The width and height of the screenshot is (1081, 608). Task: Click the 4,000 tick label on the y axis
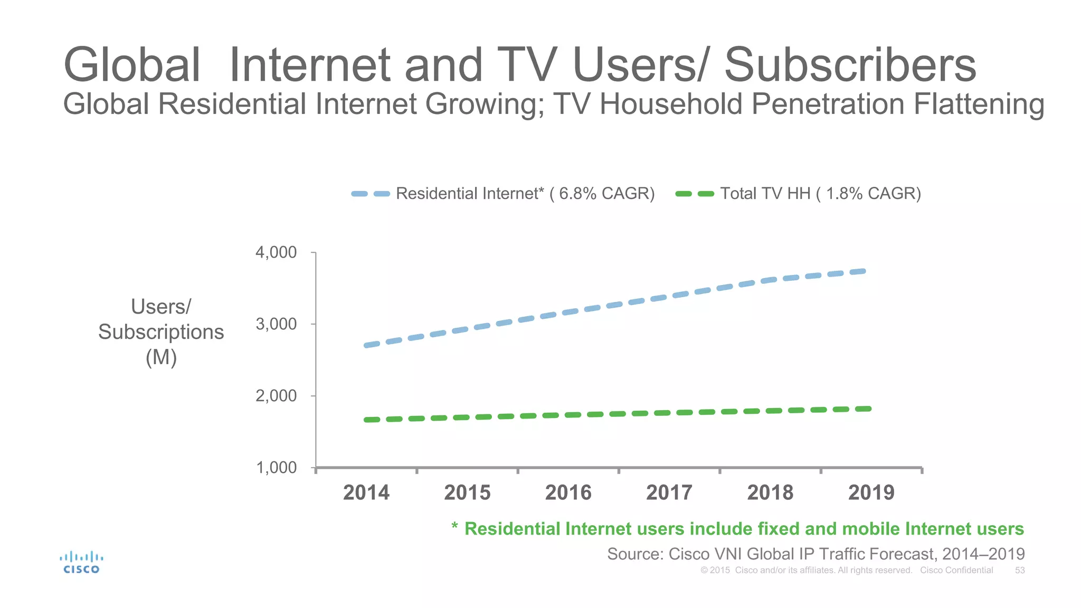click(x=276, y=252)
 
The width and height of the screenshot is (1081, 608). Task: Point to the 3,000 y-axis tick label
click(x=276, y=324)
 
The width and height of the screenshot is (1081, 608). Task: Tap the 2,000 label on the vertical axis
click(x=276, y=396)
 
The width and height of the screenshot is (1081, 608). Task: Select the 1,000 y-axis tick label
click(x=276, y=468)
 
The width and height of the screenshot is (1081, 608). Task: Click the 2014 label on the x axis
click(x=366, y=492)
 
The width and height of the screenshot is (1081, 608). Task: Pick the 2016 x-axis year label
click(x=568, y=492)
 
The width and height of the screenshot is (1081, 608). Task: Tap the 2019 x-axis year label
click(x=871, y=492)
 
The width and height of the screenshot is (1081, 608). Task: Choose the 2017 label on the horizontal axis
click(x=669, y=492)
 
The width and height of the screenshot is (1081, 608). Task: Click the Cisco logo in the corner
click(x=81, y=563)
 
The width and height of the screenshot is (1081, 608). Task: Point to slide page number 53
click(x=1020, y=571)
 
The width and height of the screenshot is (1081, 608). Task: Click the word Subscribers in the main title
click(x=850, y=65)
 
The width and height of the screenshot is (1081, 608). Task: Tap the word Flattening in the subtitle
click(x=979, y=104)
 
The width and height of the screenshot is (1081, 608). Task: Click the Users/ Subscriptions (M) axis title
click(x=161, y=332)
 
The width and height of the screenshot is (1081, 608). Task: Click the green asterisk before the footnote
click(x=454, y=526)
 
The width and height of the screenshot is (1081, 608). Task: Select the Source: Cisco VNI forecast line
click(x=816, y=554)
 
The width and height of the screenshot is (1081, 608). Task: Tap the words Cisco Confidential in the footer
click(x=956, y=571)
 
